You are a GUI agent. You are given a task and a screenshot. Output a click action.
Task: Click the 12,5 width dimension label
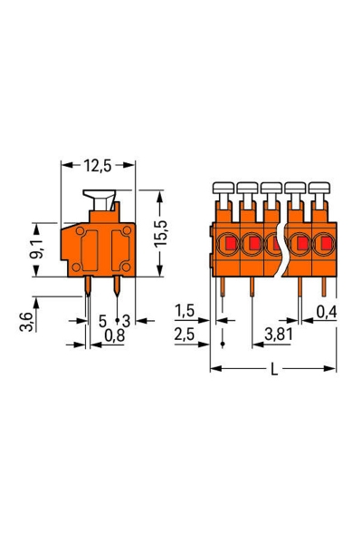98,166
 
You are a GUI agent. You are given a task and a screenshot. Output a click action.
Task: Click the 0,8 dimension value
114,335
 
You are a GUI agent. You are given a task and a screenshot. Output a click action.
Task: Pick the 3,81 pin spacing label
277,335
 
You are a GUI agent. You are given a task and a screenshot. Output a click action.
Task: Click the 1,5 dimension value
185,312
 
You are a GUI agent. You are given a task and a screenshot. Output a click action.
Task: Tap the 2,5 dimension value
185,335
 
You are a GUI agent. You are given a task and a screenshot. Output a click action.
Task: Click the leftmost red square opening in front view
230,243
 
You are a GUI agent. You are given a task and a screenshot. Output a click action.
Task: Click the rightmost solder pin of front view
324,288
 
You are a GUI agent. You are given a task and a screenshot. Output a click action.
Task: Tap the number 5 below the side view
102,320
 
